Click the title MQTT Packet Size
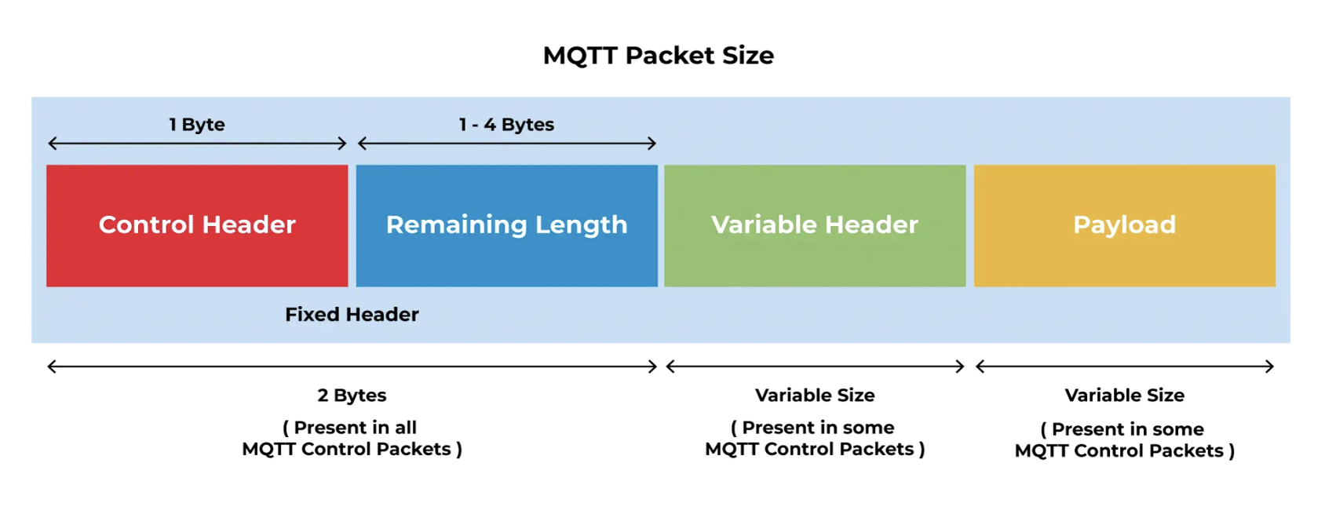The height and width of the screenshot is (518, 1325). pyautogui.click(x=658, y=56)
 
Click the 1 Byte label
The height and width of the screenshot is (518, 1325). pyautogui.click(x=197, y=125)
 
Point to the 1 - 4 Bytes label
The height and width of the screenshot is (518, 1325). pyautogui.click(x=506, y=125)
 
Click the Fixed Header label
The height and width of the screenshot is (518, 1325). pyautogui.click(x=352, y=315)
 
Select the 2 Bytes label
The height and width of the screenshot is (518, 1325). pyautogui.click(x=352, y=396)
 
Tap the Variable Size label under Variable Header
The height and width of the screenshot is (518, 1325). pyautogui.click(x=815, y=396)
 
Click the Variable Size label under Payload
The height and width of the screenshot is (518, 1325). pyautogui.click(x=1124, y=396)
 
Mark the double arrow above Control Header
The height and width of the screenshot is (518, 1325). pyautogui.click(x=197, y=144)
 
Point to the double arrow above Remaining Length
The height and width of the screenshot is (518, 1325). pyautogui.click(x=506, y=144)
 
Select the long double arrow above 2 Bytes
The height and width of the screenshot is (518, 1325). pyautogui.click(x=352, y=367)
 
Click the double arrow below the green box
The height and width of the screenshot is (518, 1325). pyautogui.click(x=815, y=367)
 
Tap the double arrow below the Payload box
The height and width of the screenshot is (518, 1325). pyautogui.click(x=1124, y=367)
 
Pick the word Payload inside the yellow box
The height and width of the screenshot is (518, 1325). pyautogui.click(x=1124, y=225)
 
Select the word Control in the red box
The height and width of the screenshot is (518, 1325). pyautogui.click(x=146, y=225)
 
